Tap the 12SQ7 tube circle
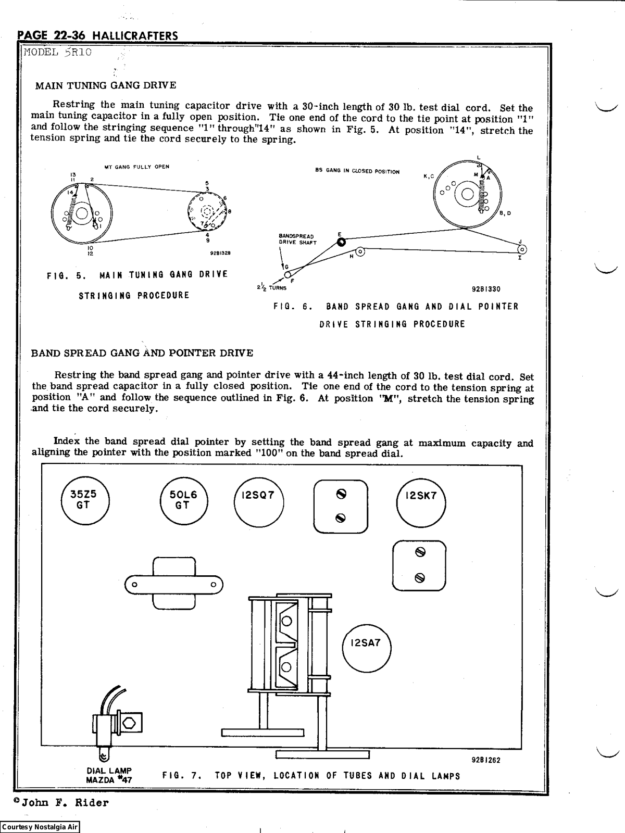pos(258,502)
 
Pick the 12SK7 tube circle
pos(421,501)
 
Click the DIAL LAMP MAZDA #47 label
pos(109,775)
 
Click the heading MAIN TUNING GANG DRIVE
pos(105,85)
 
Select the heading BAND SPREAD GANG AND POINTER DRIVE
pos(142,353)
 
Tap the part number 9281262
pos(485,760)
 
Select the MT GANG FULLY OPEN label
pos(136,167)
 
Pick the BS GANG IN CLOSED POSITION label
pos(357,171)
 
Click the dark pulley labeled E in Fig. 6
pos(341,242)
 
